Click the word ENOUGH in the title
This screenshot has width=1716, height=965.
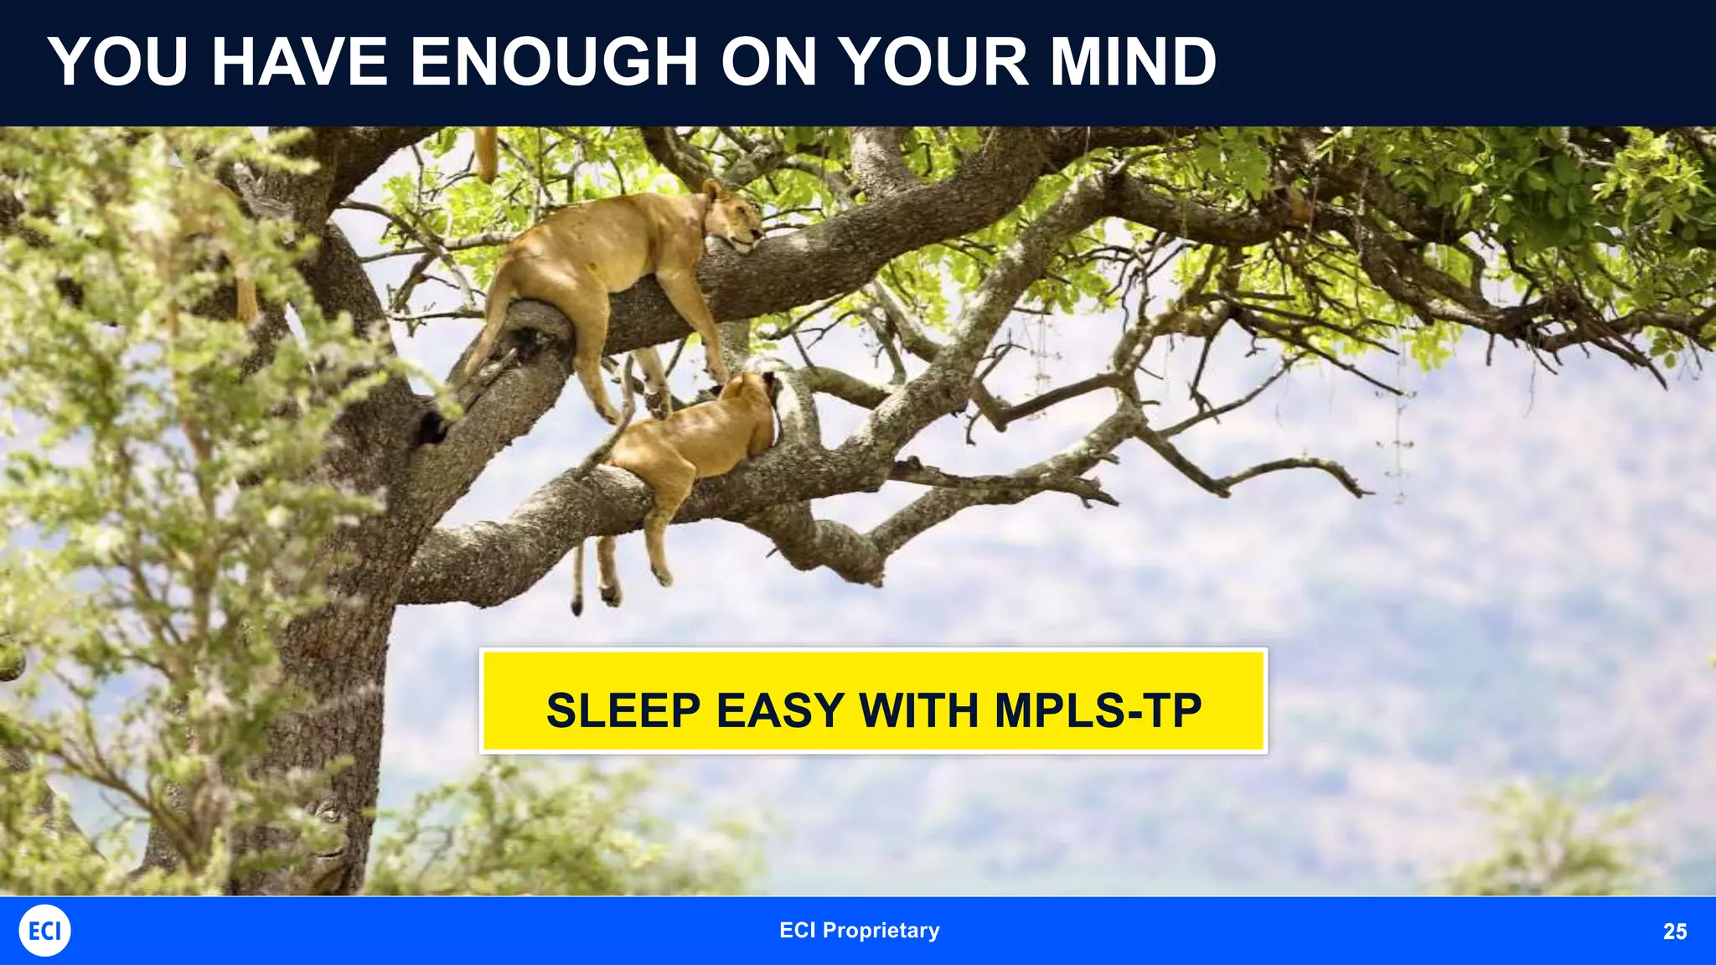[553, 62]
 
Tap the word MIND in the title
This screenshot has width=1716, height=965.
[1133, 62]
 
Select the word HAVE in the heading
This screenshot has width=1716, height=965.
[299, 62]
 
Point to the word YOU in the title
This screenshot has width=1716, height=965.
[117, 62]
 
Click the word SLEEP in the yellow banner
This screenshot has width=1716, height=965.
[623, 710]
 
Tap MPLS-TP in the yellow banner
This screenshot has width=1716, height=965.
[1098, 710]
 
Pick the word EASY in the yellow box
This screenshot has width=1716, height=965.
[780, 710]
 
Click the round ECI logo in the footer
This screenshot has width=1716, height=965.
[44, 931]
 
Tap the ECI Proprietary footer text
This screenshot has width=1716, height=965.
[859, 931]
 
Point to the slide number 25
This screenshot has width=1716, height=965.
[1674, 931]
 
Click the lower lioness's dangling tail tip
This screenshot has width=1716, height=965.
[576, 605]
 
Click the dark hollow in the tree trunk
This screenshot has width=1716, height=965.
[431, 427]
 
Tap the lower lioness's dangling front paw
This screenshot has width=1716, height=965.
[663, 576]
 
